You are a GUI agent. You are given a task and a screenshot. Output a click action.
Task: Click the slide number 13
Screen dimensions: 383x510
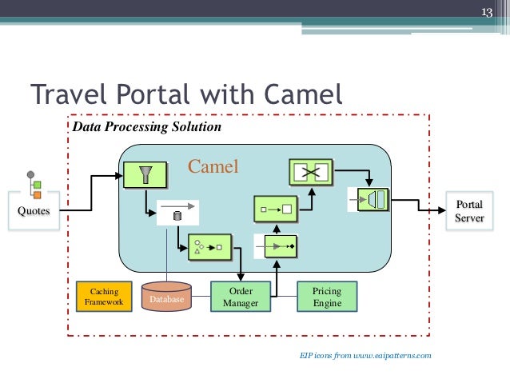click(x=485, y=12)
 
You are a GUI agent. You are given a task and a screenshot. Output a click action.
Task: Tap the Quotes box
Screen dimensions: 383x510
click(x=33, y=210)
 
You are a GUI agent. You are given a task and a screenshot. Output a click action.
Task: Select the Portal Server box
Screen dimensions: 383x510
click(x=469, y=211)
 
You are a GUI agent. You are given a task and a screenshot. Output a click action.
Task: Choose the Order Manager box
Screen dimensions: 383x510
click(x=241, y=297)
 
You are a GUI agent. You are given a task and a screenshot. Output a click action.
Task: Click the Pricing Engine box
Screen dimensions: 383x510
click(x=327, y=297)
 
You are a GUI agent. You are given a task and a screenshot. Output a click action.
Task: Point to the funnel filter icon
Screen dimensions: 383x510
click(x=145, y=174)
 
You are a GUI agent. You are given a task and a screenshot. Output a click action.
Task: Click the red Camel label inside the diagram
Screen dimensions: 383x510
click(x=213, y=167)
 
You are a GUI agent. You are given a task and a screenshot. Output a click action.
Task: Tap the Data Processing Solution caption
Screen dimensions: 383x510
click(x=146, y=127)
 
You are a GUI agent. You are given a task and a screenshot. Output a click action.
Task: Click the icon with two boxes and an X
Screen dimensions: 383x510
click(x=309, y=172)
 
